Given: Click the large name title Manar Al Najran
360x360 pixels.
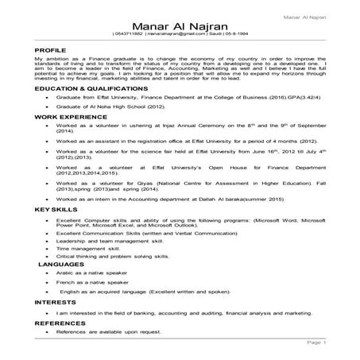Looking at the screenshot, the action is [x=179, y=27].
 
